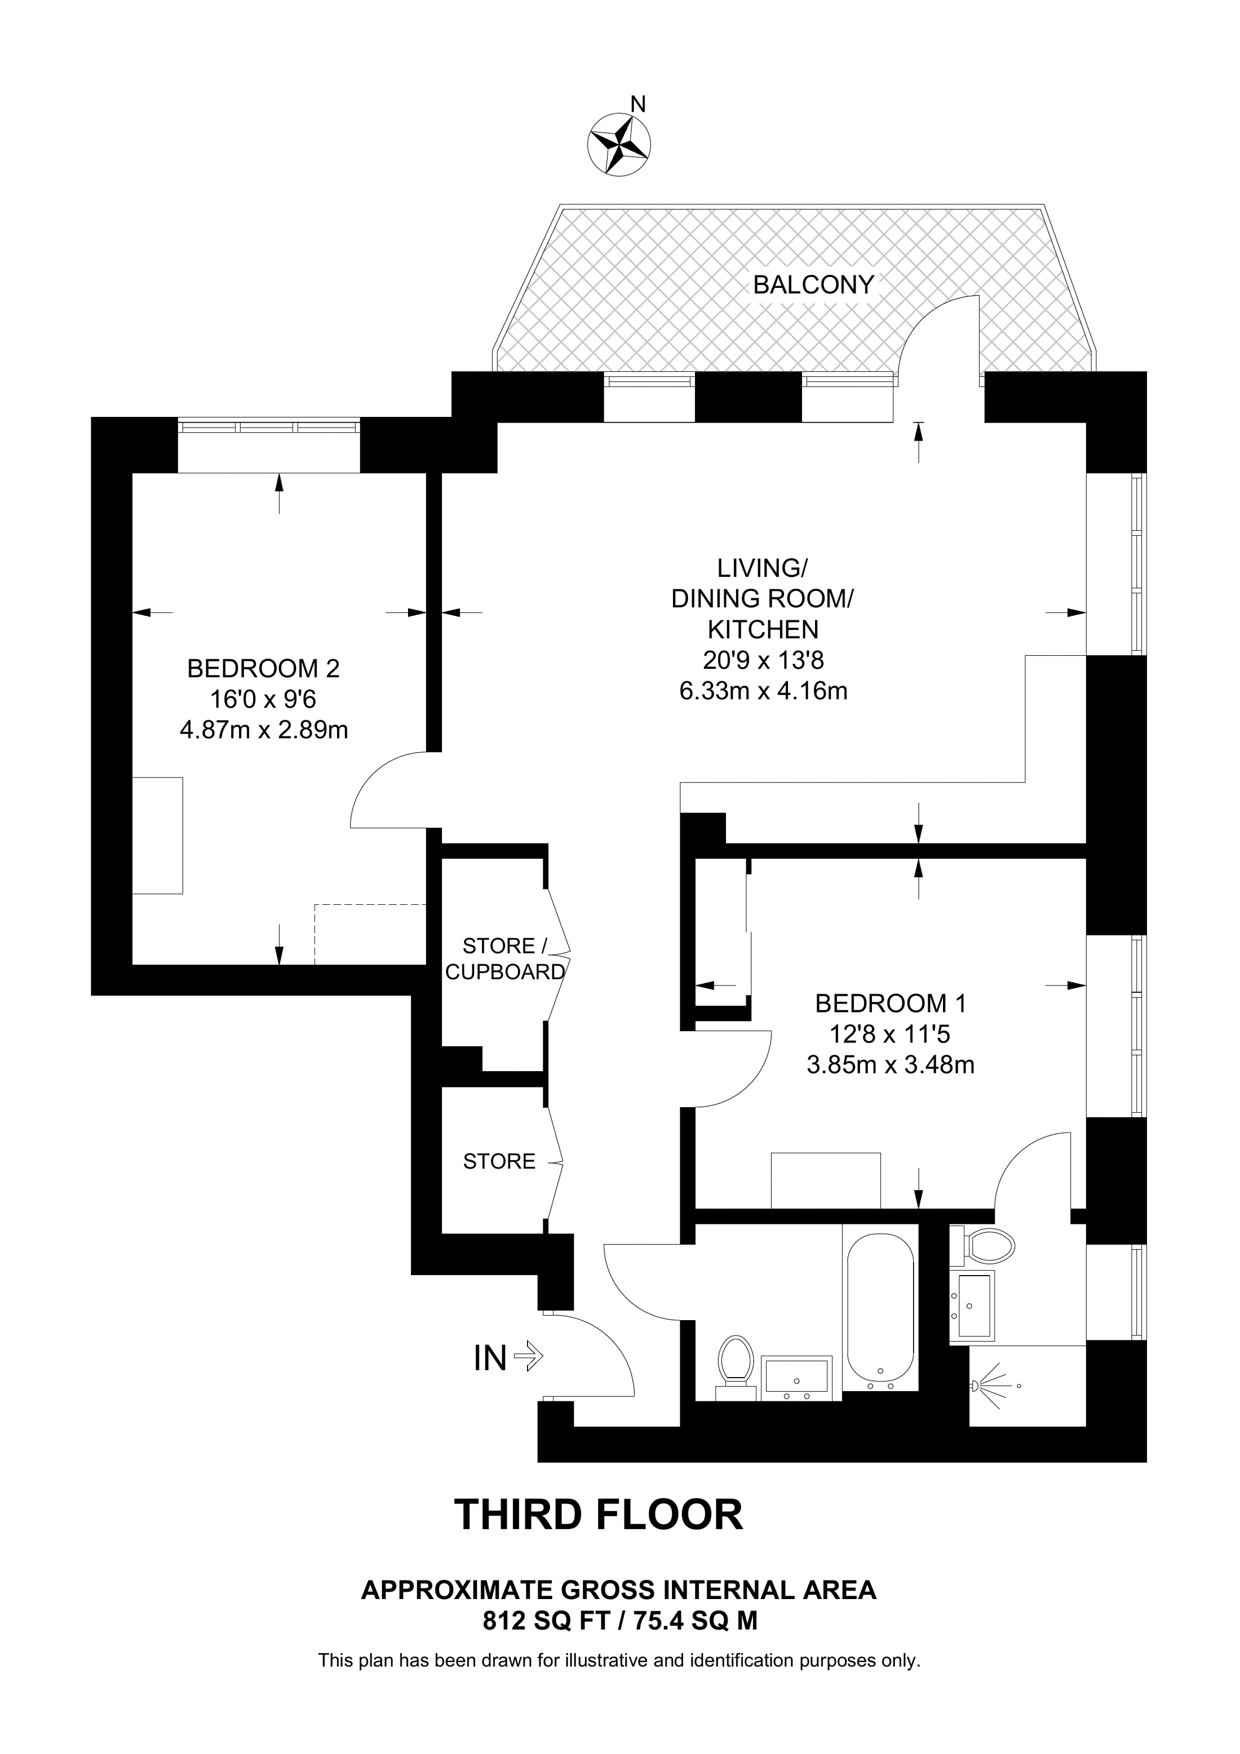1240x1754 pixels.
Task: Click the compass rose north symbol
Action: coord(619,144)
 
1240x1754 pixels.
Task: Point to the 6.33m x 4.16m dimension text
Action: coord(763,691)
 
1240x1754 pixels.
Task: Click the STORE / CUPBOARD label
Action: coord(504,959)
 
